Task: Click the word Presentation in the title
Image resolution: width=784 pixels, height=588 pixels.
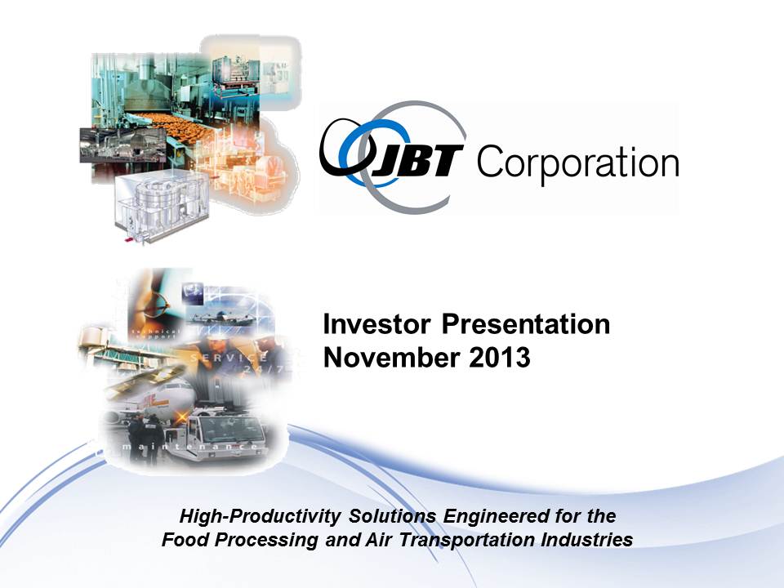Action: click(525, 324)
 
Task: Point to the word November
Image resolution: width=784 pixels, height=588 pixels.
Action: click(391, 358)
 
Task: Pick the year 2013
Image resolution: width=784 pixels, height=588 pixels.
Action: click(500, 358)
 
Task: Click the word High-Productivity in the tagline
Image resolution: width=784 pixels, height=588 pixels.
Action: click(260, 516)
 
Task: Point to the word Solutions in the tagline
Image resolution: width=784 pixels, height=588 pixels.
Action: click(393, 516)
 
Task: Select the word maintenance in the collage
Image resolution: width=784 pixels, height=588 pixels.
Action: click(191, 446)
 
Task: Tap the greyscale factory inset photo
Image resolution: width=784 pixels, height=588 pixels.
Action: click(122, 145)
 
